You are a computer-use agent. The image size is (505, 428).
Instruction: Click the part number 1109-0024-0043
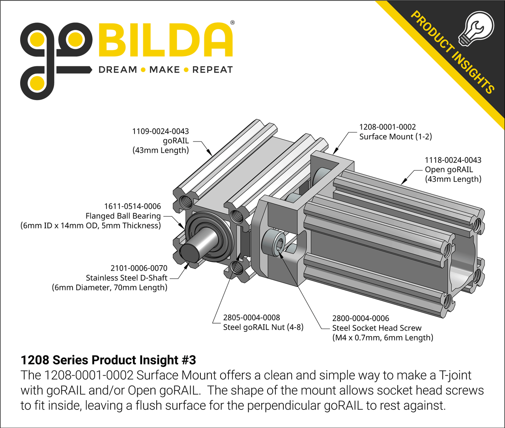click(160, 131)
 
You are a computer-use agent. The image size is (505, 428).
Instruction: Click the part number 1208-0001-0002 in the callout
click(387, 127)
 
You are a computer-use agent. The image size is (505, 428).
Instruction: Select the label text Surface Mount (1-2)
click(395, 137)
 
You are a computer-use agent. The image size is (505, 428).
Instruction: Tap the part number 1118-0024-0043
click(453, 160)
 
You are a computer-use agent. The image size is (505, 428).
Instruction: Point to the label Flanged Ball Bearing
click(123, 216)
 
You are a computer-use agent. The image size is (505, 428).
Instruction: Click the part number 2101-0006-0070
click(139, 268)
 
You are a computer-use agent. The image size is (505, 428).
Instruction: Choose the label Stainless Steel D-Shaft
click(126, 278)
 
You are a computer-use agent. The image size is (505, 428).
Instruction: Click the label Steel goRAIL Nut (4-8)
click(263, 327)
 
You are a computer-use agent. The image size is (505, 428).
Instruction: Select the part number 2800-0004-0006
click(361, 318)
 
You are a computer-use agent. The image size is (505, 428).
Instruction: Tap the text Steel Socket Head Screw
click(377, 328)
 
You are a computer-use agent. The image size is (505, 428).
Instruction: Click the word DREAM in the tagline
click(118, 70)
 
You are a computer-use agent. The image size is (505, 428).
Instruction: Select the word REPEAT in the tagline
click(212, 70)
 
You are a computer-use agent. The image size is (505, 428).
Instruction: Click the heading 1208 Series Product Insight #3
click(108, 360)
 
